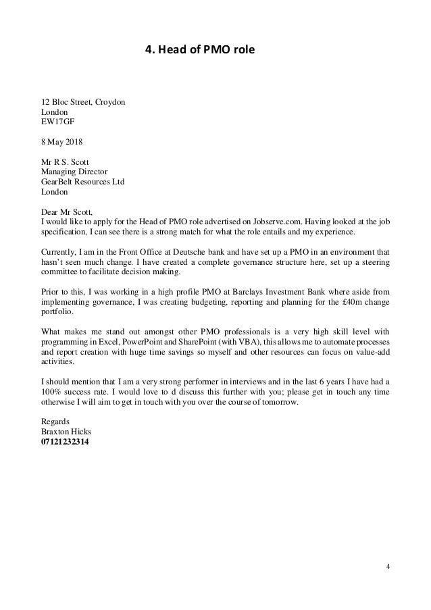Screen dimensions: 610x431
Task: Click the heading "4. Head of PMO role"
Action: pos(203,49)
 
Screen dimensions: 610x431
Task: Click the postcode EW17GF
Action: pos(57,123)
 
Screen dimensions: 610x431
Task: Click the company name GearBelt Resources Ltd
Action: pos(83,182)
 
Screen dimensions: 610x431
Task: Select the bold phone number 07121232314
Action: pos(68,442)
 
